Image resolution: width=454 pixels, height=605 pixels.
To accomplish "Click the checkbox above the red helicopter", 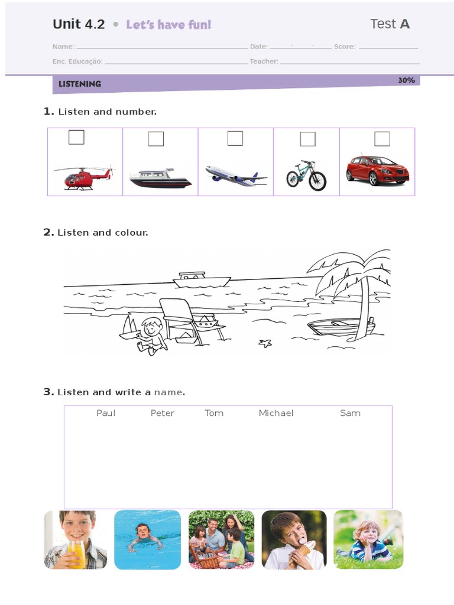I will click(x=76, y=137).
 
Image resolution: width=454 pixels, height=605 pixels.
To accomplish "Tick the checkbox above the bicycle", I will click(x=307, y=139).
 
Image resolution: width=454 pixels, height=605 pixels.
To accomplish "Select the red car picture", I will click(x=377, y=170).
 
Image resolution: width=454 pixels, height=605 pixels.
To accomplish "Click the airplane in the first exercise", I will click(x=235, y=175).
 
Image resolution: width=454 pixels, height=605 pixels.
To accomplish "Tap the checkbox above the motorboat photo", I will click(x=156, y=139).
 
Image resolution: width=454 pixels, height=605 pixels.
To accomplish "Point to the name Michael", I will click(x=275, y=413).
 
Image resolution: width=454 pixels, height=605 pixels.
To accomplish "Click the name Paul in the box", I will click(x=106, y=413).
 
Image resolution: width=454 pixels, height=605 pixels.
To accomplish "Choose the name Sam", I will click(x=350, y=413).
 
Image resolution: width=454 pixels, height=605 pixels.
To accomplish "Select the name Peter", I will click(x=163, y=413).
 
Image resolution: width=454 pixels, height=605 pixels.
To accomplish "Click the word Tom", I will click(x=214, y=413).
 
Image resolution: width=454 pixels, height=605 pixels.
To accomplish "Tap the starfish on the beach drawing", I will click(x=265, y=343).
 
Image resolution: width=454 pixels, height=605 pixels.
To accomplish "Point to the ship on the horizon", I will click(x=201, y=279).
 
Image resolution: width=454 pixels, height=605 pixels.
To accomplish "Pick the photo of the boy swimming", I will click(x=147, y=539).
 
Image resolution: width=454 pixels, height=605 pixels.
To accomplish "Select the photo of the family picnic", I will click(x=221, y=539).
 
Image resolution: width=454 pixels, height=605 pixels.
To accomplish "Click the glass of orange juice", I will click(x=77, y=553).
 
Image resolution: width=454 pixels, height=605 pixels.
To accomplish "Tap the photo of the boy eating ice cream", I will click(x=294, y=539).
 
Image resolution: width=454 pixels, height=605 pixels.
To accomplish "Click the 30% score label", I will click(x=406, y=80).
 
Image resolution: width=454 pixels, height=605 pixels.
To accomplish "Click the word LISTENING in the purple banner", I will click(x=80, y=84).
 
